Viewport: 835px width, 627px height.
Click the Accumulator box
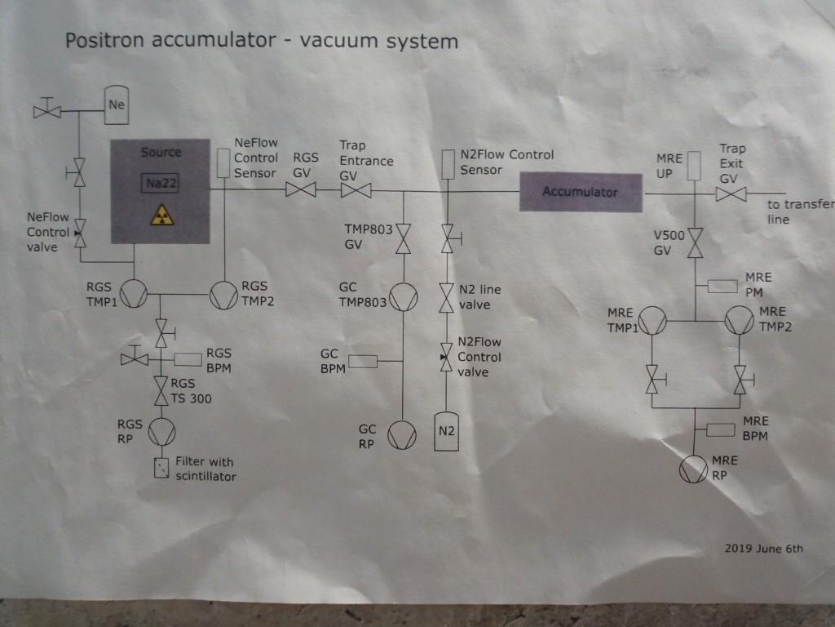click(x=580, y=193)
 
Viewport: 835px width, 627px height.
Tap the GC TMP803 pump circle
click(x=404, y=298)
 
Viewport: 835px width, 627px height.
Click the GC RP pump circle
click(x=403, y=434)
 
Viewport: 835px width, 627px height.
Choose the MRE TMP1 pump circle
click(x=652, y=320)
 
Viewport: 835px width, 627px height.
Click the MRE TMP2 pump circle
click(x=739, y=320)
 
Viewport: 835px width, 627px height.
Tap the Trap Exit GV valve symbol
click(x=731, y=193)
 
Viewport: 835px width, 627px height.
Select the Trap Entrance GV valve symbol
click(x=356, y=191)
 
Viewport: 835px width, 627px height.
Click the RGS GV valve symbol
click(x=301, y=191)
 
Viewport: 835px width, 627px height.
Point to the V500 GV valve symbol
click(x=695, y=243)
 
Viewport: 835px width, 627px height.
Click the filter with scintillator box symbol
click(x=161, y=468)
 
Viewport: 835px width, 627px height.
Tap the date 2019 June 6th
click(x=763, y=548)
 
